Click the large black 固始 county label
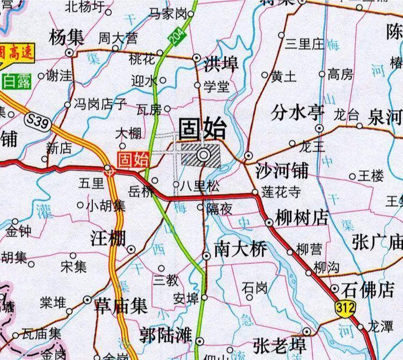tap(202, 129)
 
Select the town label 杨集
tap(66, 38)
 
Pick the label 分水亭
tap(298, 113)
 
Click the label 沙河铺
tap(282, 171)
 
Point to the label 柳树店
tap(301, 218)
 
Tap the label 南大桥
tap(240, 249)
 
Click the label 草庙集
tap(121, 306)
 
